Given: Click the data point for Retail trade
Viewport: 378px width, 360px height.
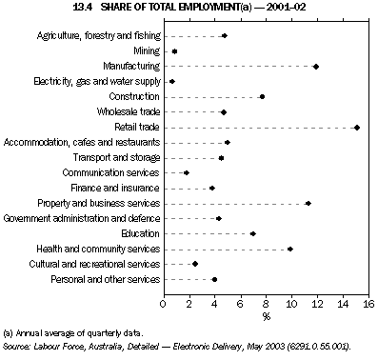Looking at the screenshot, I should (357, 127).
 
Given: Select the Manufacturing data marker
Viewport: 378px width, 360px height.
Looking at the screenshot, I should (316, 67).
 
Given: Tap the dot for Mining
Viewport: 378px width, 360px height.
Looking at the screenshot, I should (174, 50).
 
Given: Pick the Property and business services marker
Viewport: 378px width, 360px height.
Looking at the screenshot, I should (308, 203).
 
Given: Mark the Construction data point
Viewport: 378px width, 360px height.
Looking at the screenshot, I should (263, 96).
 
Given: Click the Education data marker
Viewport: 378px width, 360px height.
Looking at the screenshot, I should (253, 233).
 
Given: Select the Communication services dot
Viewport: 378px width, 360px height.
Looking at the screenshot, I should (187, 172).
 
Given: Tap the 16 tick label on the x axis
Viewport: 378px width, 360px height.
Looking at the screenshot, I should (368, 304).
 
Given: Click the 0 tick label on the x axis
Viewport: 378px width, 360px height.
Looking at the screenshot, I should (164, 304).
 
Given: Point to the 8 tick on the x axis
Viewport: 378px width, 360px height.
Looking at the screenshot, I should (267, 304).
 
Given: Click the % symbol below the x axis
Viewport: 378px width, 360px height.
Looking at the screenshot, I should (267, 316).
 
